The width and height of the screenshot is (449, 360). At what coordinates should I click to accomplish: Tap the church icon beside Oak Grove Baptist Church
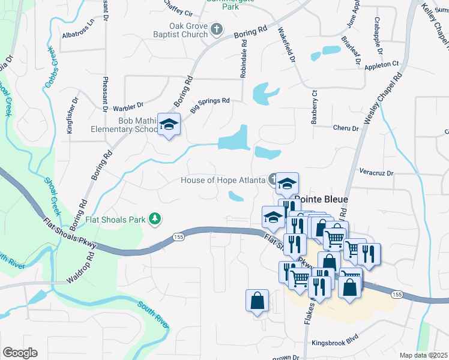coord(217,28)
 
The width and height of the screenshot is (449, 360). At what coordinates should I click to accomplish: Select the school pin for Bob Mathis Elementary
coord(169,124)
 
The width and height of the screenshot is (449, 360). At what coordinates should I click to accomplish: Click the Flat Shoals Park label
coord(116,220)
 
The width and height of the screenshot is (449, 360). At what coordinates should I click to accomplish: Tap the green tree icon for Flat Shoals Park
coord(155,219)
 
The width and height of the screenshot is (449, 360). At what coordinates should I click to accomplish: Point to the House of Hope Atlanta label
coord(223,180)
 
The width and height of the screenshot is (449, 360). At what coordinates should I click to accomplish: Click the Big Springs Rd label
coord(210,104)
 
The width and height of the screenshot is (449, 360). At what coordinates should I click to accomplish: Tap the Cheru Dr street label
coord(345,128)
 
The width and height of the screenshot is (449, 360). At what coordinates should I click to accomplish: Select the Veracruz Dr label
coord(376,173)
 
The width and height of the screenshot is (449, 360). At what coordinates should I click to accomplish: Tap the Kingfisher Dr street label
coord(73,116)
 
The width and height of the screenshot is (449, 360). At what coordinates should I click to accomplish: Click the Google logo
coord(20,353)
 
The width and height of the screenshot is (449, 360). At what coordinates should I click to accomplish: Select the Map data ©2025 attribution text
coord(423,355)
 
